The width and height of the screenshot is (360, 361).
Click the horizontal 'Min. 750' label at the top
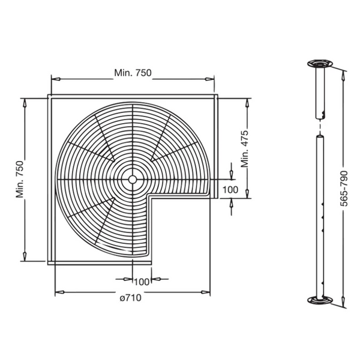[133, 73]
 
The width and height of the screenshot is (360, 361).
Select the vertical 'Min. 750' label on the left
[20, 178]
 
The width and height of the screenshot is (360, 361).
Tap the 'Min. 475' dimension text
[245, 150]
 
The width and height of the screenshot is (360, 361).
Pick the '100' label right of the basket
[230, 190]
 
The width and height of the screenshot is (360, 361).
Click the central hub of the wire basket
[132, 179]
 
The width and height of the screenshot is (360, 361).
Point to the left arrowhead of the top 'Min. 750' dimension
[54, 78]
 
